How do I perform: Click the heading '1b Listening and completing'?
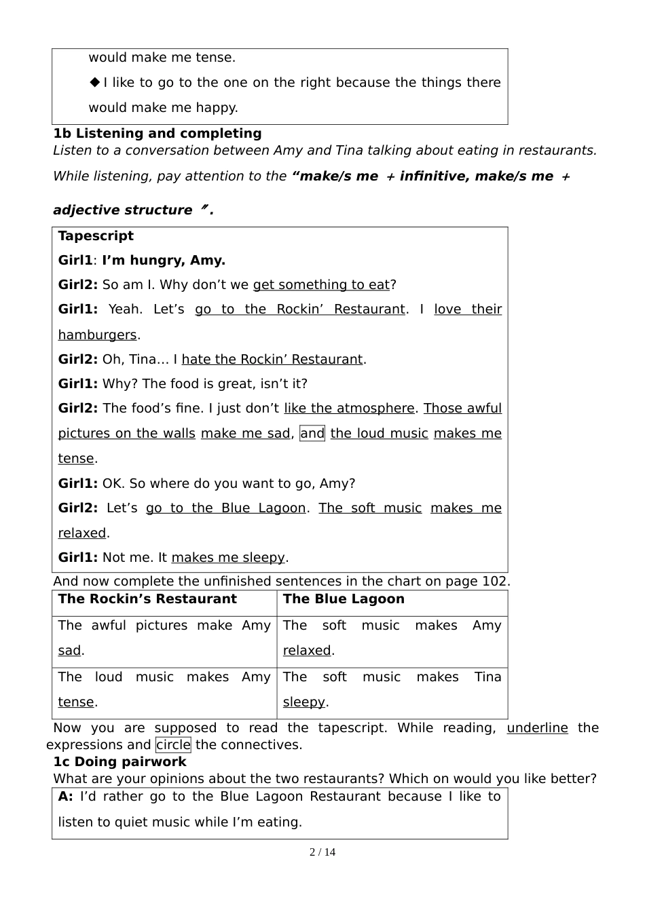tap(157, 134)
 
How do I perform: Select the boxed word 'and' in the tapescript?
tap(312, 434)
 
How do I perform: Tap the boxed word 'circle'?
tap(173, 745)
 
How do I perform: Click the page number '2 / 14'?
tap(322, 852)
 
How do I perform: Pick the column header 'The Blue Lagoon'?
tap(344, 599)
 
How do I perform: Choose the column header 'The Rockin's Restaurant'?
tap(147, 599)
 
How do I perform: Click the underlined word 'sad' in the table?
tap(69, 651)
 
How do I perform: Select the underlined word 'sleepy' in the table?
tap(303, 702)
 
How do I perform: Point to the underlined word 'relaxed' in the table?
tap(307, 651)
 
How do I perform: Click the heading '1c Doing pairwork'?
tap(119, 762)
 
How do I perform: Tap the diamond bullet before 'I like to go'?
tap(95, 83)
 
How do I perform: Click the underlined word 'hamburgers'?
tap(97, 335)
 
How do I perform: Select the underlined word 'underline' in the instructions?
tap(537, 728)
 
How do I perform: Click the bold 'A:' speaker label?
tap(65, 797)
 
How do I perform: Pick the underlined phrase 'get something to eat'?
tap(321, 285)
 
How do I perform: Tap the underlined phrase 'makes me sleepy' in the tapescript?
tap(228, 558)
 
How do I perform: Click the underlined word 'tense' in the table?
tap(76, 702)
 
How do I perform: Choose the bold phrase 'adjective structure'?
tap(122, 210)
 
